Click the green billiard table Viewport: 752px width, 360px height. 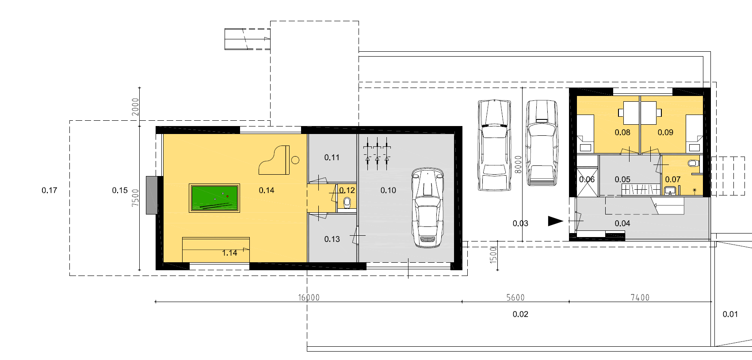pos(214,198)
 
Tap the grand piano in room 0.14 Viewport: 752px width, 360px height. pos(274,160)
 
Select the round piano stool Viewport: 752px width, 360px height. pos(295,160)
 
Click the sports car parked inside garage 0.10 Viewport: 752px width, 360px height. pos(428,208)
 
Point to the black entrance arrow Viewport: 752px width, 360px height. pos(556,221)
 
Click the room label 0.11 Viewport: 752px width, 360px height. pos(332,157)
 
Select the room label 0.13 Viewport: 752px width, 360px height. pos(332,239)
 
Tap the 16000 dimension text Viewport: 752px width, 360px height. pos(309,298)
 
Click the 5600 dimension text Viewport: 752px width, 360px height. pos(515,298)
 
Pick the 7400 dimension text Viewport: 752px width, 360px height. pos(640,298)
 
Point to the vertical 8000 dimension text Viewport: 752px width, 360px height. pos(518,165)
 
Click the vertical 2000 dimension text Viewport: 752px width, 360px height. pos(135,107)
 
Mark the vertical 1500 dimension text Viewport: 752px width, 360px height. pos(493,255)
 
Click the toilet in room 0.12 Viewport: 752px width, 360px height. pos(347,203)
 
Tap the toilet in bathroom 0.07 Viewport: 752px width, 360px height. pos(693,164)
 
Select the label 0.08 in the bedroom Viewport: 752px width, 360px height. pos(622,133)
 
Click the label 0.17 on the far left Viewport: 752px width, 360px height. pos(50,191)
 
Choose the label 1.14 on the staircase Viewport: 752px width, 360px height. pos(229,253)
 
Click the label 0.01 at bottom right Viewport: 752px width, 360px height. pos(730,314)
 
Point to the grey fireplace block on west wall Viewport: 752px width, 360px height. pos(152,195)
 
